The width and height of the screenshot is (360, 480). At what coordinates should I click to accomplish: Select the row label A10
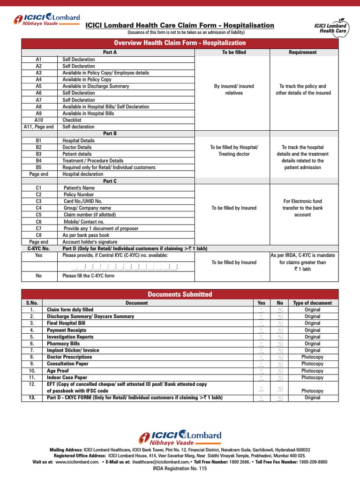point(38,120)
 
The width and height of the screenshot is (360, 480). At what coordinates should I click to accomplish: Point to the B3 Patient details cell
point(77,154)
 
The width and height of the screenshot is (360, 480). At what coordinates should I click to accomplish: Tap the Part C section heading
point(110,181)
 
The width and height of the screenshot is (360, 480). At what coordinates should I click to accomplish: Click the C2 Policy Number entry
point(79,195)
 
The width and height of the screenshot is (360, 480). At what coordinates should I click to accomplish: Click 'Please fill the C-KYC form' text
point(88,276)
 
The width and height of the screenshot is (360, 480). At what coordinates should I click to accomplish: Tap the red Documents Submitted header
point(180,294)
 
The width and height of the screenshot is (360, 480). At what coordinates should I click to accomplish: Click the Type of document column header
point(312,303)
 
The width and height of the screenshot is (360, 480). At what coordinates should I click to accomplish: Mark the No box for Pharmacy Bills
point(280,344)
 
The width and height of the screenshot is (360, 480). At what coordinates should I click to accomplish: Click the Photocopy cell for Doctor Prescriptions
point(312,357)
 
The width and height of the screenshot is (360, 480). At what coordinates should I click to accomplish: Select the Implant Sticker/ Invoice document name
point(73,350)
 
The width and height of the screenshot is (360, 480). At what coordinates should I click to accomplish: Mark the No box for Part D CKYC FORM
point(280,398)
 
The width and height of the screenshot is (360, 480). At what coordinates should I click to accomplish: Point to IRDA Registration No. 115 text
point(180,469)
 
